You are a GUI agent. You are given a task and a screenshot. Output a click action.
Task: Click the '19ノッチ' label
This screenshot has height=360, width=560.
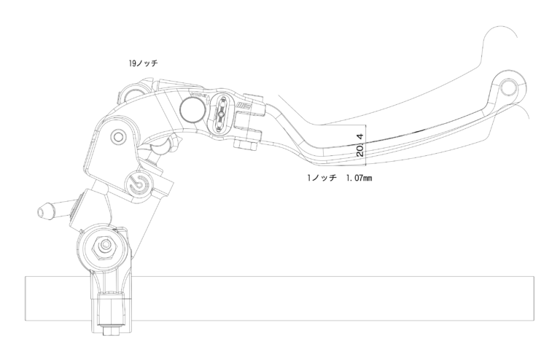(143, 63)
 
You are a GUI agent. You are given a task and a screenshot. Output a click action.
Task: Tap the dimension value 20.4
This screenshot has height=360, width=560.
(360, 145)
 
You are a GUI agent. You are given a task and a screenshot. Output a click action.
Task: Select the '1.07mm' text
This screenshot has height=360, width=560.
(359, 178)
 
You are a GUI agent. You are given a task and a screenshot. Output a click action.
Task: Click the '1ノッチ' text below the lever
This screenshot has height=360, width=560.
(322, 178)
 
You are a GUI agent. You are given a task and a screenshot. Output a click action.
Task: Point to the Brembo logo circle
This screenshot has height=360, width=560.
(139, 183)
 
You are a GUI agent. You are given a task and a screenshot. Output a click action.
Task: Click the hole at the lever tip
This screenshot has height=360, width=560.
(508, 87)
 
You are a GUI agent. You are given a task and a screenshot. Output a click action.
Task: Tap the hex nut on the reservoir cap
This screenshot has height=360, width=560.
(105, 246)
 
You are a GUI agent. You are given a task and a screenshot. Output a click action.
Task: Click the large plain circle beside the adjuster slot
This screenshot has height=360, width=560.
(192, 109)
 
